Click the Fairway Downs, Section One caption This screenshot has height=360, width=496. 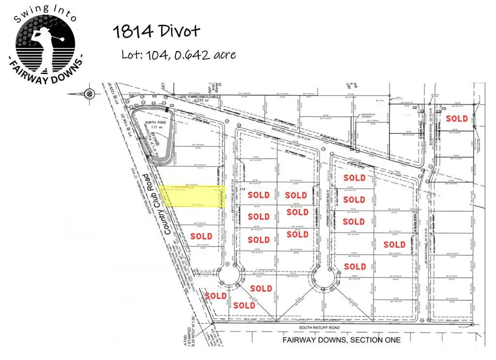[x=341, y=340]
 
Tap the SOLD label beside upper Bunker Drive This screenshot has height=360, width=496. [x=457, y=119]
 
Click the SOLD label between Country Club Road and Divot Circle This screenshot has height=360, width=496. [x=201, y=236]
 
